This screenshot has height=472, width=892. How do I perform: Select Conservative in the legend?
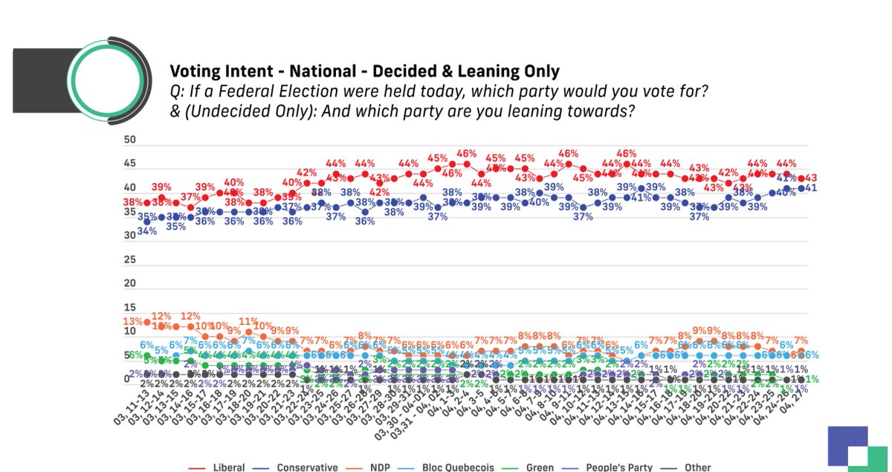[x=307, y=468]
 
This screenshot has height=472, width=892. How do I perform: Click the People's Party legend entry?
[x=619, y=468]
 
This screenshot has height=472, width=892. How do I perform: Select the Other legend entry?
[x=697, y=468]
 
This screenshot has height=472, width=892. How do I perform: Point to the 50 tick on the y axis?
[x=129, y=140]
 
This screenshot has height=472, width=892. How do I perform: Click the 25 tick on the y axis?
[x=129, y=260]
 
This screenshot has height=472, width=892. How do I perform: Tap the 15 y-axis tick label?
[x=129, y=308]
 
